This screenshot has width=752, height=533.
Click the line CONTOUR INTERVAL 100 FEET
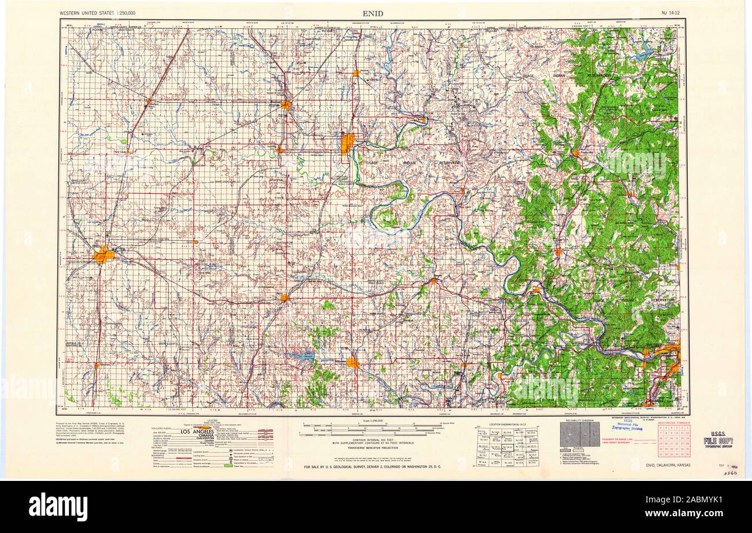click(x=373, y=441)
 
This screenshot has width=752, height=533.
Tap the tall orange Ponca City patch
click(x=347, y=144)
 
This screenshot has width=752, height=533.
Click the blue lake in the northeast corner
click(x=644, y=55)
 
